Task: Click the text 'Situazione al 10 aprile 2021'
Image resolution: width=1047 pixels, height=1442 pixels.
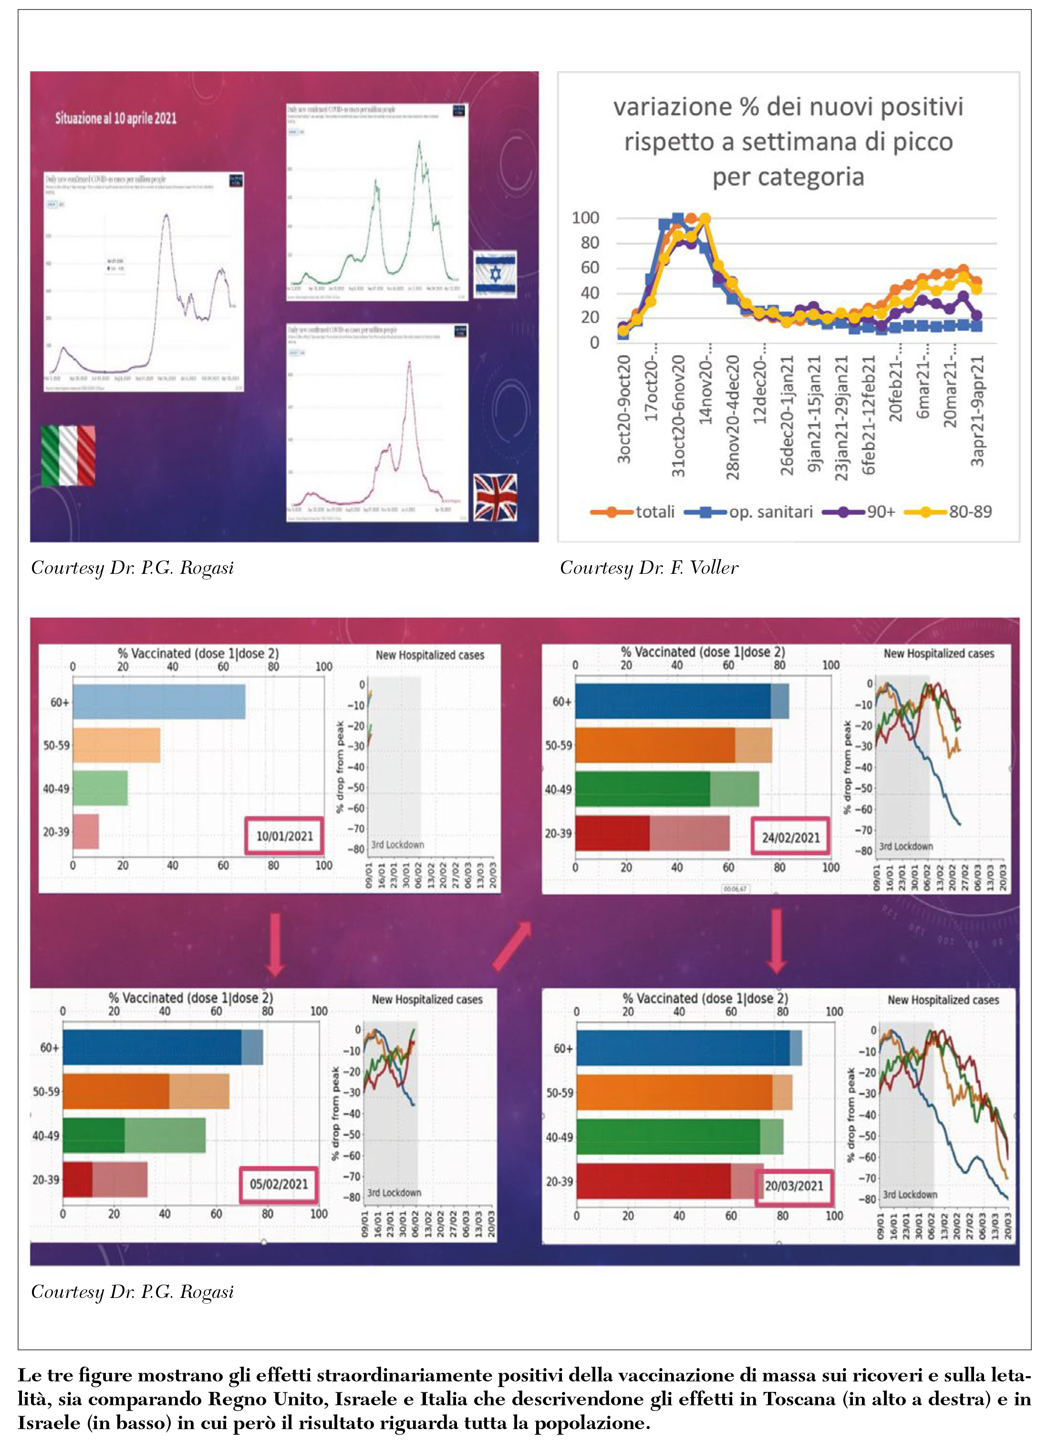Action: coord(116,118)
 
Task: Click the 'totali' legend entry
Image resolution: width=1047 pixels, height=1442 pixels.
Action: coord(632,512)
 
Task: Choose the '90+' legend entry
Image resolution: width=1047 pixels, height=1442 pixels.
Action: coord(859,512)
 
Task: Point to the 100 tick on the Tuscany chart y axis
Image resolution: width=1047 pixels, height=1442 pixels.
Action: coord(585,218)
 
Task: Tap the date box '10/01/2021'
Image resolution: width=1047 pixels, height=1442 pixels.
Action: coord(284,836)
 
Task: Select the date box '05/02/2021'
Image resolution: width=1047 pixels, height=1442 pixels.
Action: coord(279,1184)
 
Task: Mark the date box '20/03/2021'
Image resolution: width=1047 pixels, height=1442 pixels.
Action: coord(793,1186)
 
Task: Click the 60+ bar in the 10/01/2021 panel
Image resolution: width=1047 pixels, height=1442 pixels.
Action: coord(159,702)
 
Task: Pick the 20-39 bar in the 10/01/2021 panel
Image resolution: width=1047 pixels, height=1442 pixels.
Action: coord(86,831)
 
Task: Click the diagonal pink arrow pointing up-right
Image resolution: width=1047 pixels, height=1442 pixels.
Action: coord(512,945)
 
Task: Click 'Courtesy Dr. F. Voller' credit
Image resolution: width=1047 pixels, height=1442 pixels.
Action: coord(648,568)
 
